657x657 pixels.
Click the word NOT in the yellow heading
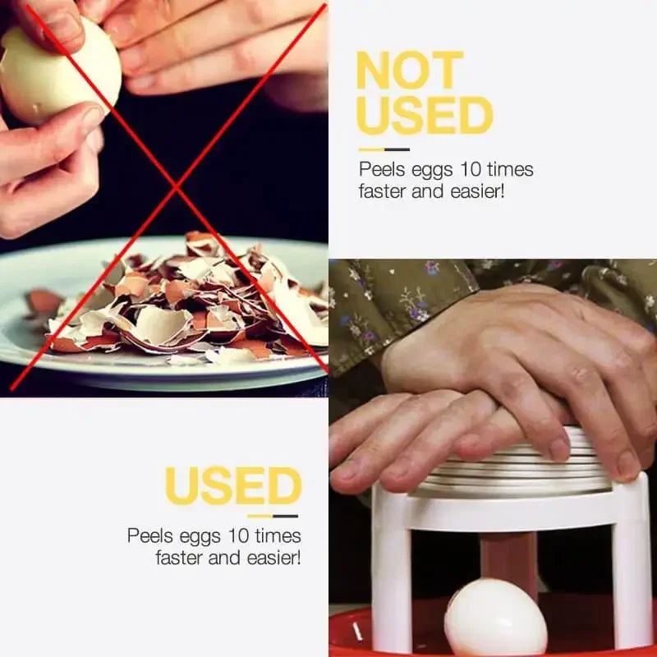(x=407, y=71)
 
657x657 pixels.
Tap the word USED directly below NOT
(x=424, y=115)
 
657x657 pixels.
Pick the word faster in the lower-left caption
(x=183, y=558)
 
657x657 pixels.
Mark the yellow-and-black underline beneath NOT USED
(x=384, y=149)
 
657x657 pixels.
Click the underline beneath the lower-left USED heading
(x=273, y=516)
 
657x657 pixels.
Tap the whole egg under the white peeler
(x=494, y=618)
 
